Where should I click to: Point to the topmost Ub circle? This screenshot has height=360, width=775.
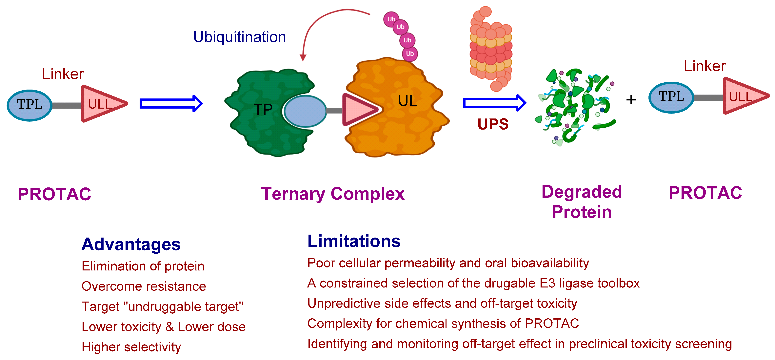[391, 19]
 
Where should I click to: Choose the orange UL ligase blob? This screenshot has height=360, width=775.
[403, 120]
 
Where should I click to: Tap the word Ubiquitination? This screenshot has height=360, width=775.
[239, 37]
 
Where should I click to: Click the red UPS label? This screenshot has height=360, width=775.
[493, 124]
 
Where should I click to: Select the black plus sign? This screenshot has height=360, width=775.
[631, 100]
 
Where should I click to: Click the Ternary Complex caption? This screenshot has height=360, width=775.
[333, 194]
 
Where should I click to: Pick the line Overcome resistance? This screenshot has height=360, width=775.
[144, 286]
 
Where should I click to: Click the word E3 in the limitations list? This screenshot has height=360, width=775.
[547, 283]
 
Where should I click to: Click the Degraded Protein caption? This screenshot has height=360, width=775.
[582, 202]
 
